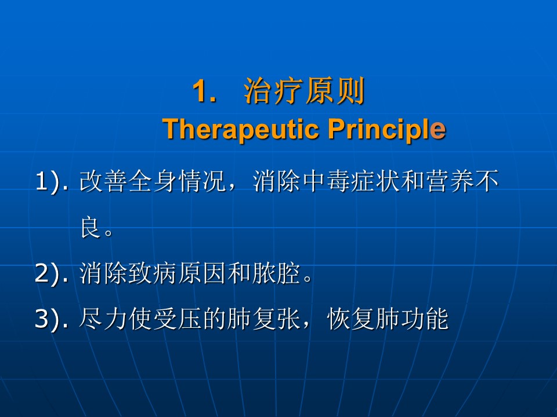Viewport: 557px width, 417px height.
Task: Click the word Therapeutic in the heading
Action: [x=240, y=129]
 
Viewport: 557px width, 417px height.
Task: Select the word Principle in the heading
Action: [x=386, y=129]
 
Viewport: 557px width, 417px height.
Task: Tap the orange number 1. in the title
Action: [x=204, y=91]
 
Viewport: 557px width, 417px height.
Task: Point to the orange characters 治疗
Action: [x=273, y=91]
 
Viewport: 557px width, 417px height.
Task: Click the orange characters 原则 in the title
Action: [x=334, y=91]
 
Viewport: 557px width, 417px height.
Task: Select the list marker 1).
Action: [x=52, y=182]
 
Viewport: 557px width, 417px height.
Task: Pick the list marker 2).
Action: [x=52, y=274]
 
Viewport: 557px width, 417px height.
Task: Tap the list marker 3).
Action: [x=52, y=319]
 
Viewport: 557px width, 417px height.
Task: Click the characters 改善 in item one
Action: [x=104, y=181]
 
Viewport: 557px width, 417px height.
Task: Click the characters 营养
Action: [x=450, y=181]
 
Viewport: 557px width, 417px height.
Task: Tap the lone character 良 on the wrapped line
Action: [x=91, y=227]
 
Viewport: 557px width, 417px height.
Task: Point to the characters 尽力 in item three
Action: [x=103, y=319]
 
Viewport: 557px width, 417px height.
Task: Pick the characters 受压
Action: [x=178, y=319]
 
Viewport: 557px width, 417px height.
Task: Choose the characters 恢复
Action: [x=351, y=319]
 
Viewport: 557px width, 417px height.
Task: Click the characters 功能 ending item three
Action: [x=425, y=319]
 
